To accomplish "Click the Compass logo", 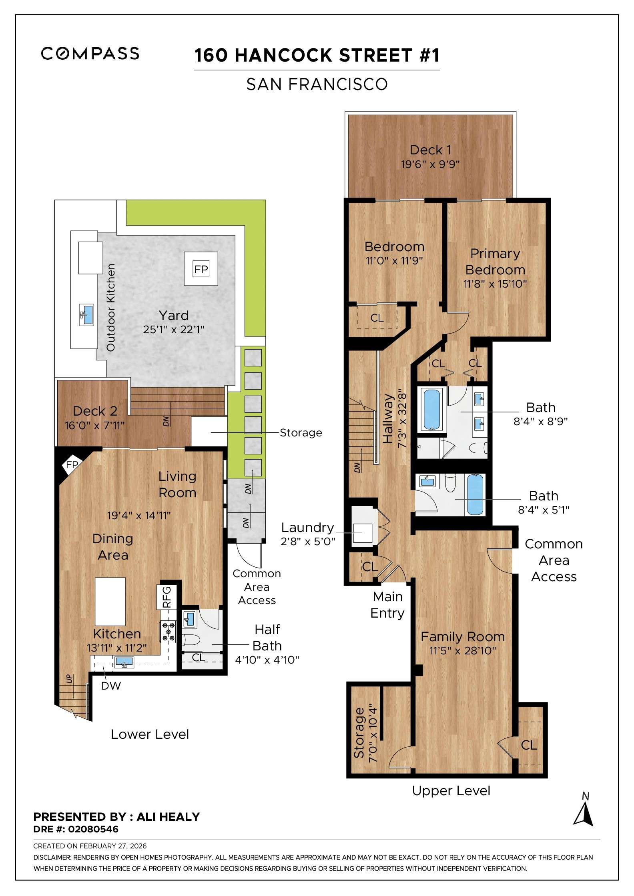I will coord(90,53).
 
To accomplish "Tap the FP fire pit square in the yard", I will coord(201,269).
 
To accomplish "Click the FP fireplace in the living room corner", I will coord(72,464).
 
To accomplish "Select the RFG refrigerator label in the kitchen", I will coord(167,597).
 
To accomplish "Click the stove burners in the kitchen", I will coord(169,632).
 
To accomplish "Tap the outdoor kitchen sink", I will coord(87,314).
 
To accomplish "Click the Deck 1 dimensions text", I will coord(430,164).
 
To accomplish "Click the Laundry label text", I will coord(307,528).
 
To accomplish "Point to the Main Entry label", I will coord(387,605).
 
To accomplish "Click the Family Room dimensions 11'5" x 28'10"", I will coord(463,651).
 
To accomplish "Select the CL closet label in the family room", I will coord(529,745).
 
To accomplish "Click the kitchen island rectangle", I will coord(110,601).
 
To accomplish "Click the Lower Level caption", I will coord(150,734).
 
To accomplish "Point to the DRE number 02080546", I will coord(93,829).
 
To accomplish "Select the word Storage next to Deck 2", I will coord(301,432).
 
